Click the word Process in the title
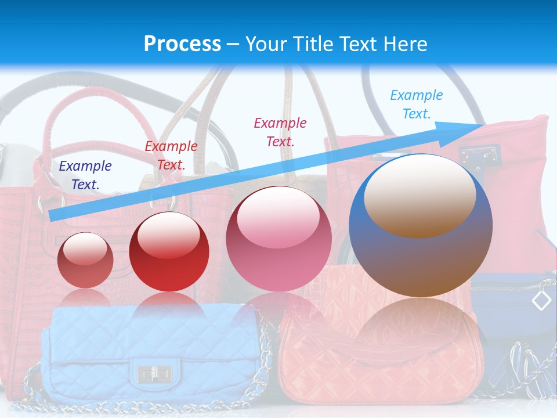(182, 44)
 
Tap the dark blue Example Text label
(85, 175)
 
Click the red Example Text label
(171, 156)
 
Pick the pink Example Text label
(280, 132)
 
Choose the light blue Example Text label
(416, 105)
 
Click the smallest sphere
(85, 260)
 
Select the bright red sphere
(168, 251)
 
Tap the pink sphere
(278, 239)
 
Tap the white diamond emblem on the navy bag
(541, 300)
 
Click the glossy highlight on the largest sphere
(419, 196)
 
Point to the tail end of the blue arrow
(52, 215)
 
